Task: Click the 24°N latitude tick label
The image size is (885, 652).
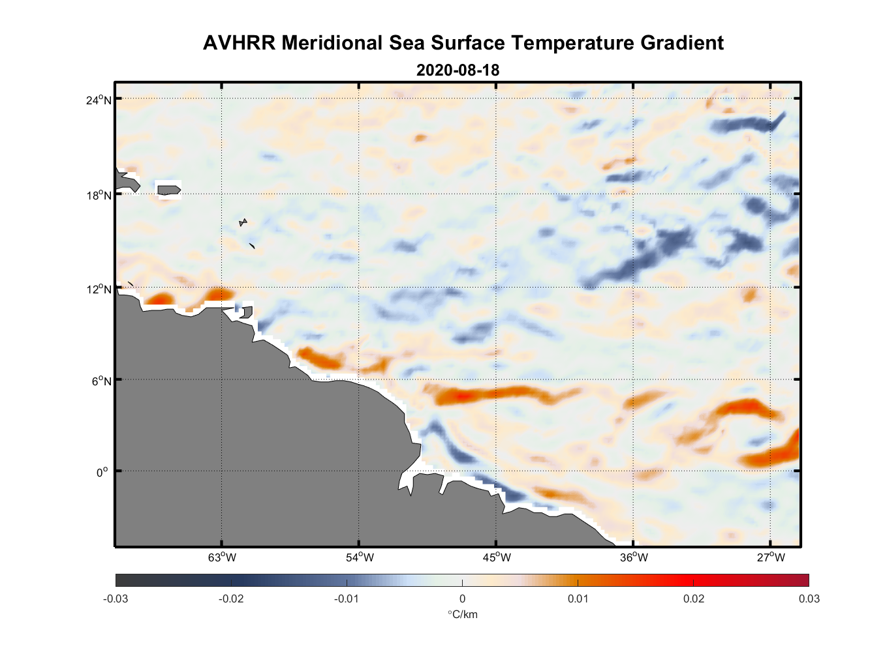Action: click(99, 100)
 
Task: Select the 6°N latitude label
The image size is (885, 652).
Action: click(101, 381)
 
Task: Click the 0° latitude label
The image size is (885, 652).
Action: click(102, 473)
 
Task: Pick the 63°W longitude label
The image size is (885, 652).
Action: click(222, 557)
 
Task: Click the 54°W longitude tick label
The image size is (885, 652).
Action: click(360, 557)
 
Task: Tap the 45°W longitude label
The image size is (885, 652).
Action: click(497, 557)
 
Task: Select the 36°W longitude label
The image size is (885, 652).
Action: click(634, 557)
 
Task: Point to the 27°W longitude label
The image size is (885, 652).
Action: click(771, 557)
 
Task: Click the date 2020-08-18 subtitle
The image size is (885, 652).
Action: click(458, 70)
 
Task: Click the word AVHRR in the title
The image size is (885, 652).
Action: click(239, 43)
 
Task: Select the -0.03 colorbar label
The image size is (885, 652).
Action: click(116, 599)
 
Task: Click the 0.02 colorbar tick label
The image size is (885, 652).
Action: click(693, 599)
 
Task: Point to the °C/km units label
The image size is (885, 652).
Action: click(462, 614)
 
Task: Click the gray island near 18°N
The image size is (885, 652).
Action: click(168, 190)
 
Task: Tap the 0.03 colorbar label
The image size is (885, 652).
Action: click(809, 599)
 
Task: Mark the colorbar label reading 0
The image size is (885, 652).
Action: click(462, 599)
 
